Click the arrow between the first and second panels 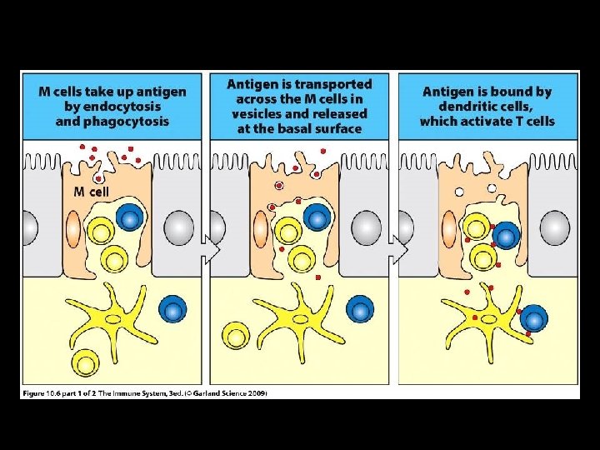(x=212, y=248)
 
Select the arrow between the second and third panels (x=401, y=248)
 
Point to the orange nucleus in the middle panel (x=261, y=228)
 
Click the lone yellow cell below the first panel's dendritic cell (x=85, y=362)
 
